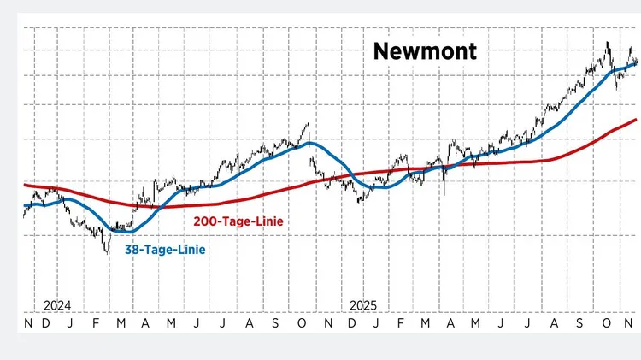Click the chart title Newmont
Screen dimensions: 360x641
pyautogui.click(x=425, y=52)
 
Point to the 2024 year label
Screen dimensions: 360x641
pyautogui.click(x=57, y=305)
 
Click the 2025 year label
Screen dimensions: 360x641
pyautogui.click(x=364, y=305)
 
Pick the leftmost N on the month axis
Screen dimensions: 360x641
pyautogui.click(x=28, y=325)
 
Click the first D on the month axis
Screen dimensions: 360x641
pyautogui.click(x=44, y=325)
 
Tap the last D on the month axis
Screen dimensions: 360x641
pyautogui.click(x=352, y=325)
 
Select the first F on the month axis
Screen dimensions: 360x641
pyautogui.click(x=95, y=325)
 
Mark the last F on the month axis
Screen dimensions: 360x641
pyautogui.click(x=402, y=325)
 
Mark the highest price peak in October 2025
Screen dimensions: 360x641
pyautogui.click(x=608, y=43)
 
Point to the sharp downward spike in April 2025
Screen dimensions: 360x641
pyautogui.click(x=444, y=194)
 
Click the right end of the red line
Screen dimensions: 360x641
pyautogui.click(x=636, y=120)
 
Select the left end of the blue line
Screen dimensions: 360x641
pyautogui.click(x=24, y=206)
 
